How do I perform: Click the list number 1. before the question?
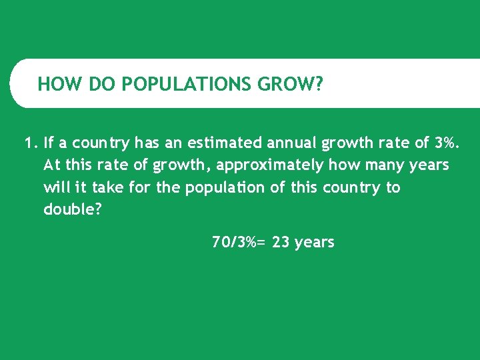click(30, 143)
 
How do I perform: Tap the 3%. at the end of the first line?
click(446, 143)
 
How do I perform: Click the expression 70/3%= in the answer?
click(238, 243)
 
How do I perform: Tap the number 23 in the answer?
click(281, 243)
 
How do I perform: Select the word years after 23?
click(314, 243)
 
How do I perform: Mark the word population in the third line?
click(225, 187)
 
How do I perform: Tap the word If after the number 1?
click(48, 143)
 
